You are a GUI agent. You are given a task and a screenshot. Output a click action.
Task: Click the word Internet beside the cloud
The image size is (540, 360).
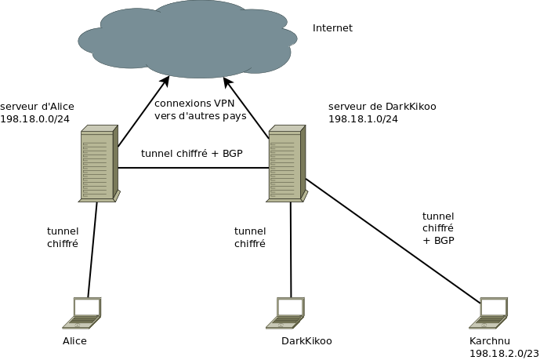pos(332,28)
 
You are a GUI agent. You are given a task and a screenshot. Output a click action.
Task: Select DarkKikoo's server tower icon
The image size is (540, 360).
pos(286,164)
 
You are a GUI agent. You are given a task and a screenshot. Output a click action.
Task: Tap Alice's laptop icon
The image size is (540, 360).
pos(83,313)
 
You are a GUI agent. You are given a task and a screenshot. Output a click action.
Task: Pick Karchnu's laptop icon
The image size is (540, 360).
pos(489,313)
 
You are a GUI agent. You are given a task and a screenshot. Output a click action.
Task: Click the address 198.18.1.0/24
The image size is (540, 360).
pos(363,119)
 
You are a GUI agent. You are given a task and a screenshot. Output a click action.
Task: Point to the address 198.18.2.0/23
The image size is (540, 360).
pos(503,354)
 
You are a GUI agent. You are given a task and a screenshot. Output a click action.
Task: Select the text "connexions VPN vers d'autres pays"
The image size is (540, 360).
pos(200,110)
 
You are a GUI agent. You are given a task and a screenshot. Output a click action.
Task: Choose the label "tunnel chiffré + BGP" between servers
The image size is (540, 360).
pos(191,154)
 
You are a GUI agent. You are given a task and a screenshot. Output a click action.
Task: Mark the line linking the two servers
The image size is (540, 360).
pos(192,168)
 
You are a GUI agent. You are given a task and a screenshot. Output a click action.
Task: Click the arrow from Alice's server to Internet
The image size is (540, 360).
pos(143,112)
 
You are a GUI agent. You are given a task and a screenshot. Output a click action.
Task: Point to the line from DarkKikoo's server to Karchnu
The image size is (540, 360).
pos(392,241)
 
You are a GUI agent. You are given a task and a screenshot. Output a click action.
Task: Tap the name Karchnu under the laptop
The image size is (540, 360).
pos(489,341)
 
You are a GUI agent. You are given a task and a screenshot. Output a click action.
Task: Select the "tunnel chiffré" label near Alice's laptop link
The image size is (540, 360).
pos(63,238)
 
